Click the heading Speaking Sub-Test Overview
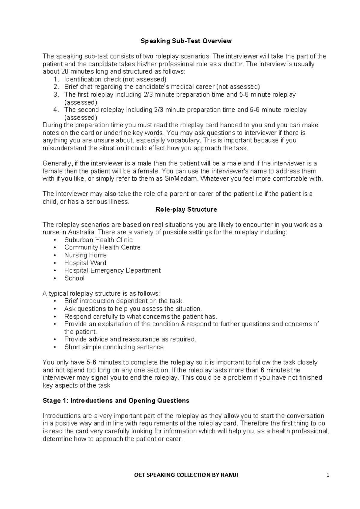click(x=186, y=41)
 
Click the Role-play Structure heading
click(x=186, y=209)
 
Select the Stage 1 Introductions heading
click(x=116, y=401)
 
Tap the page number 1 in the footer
click(x=328, y=475)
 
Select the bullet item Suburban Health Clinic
click(x=98, y=240)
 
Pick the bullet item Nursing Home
click(x=85, y=255)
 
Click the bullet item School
click(x=74, y=278)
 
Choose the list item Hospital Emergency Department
click(x=112, y=270)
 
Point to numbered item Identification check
click(x=115, y=79)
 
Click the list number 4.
click(x=56, y=110)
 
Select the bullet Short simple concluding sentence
click(x=115, y=347)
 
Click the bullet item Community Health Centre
click(x=102, y=247)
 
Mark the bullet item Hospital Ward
click(x=85, y=263)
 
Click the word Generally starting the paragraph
click(x=57, y=164)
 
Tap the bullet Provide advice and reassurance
click(x=130, y=339)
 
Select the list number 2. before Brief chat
click(x=56, y=87)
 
